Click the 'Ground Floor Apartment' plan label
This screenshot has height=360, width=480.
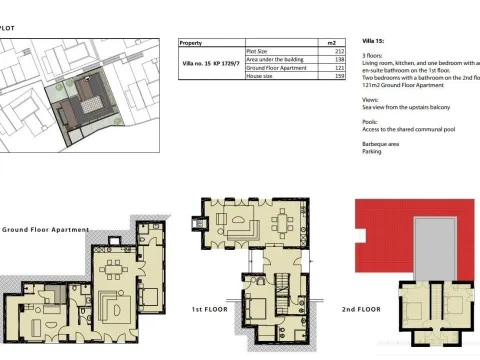[x=45, y=229]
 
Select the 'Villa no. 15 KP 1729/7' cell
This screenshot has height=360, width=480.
[x=211, y=62]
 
